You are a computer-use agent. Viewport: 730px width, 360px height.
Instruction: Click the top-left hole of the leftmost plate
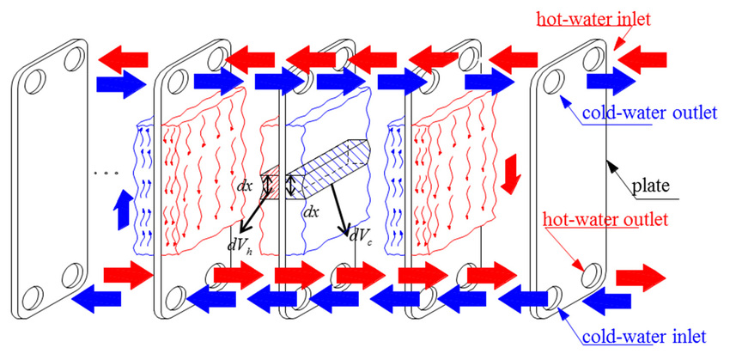point(34,84)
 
